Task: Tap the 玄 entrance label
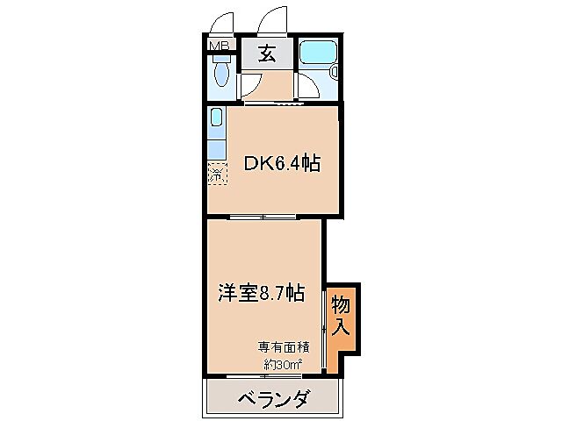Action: (267, 53)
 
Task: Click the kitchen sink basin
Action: (216, 118)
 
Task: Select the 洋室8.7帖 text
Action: (261, 293)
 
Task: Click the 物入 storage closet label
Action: (341, 317)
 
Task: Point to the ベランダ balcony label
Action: (273, 401)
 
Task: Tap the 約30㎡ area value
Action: (283, 363)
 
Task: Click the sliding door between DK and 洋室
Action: (263, 216)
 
